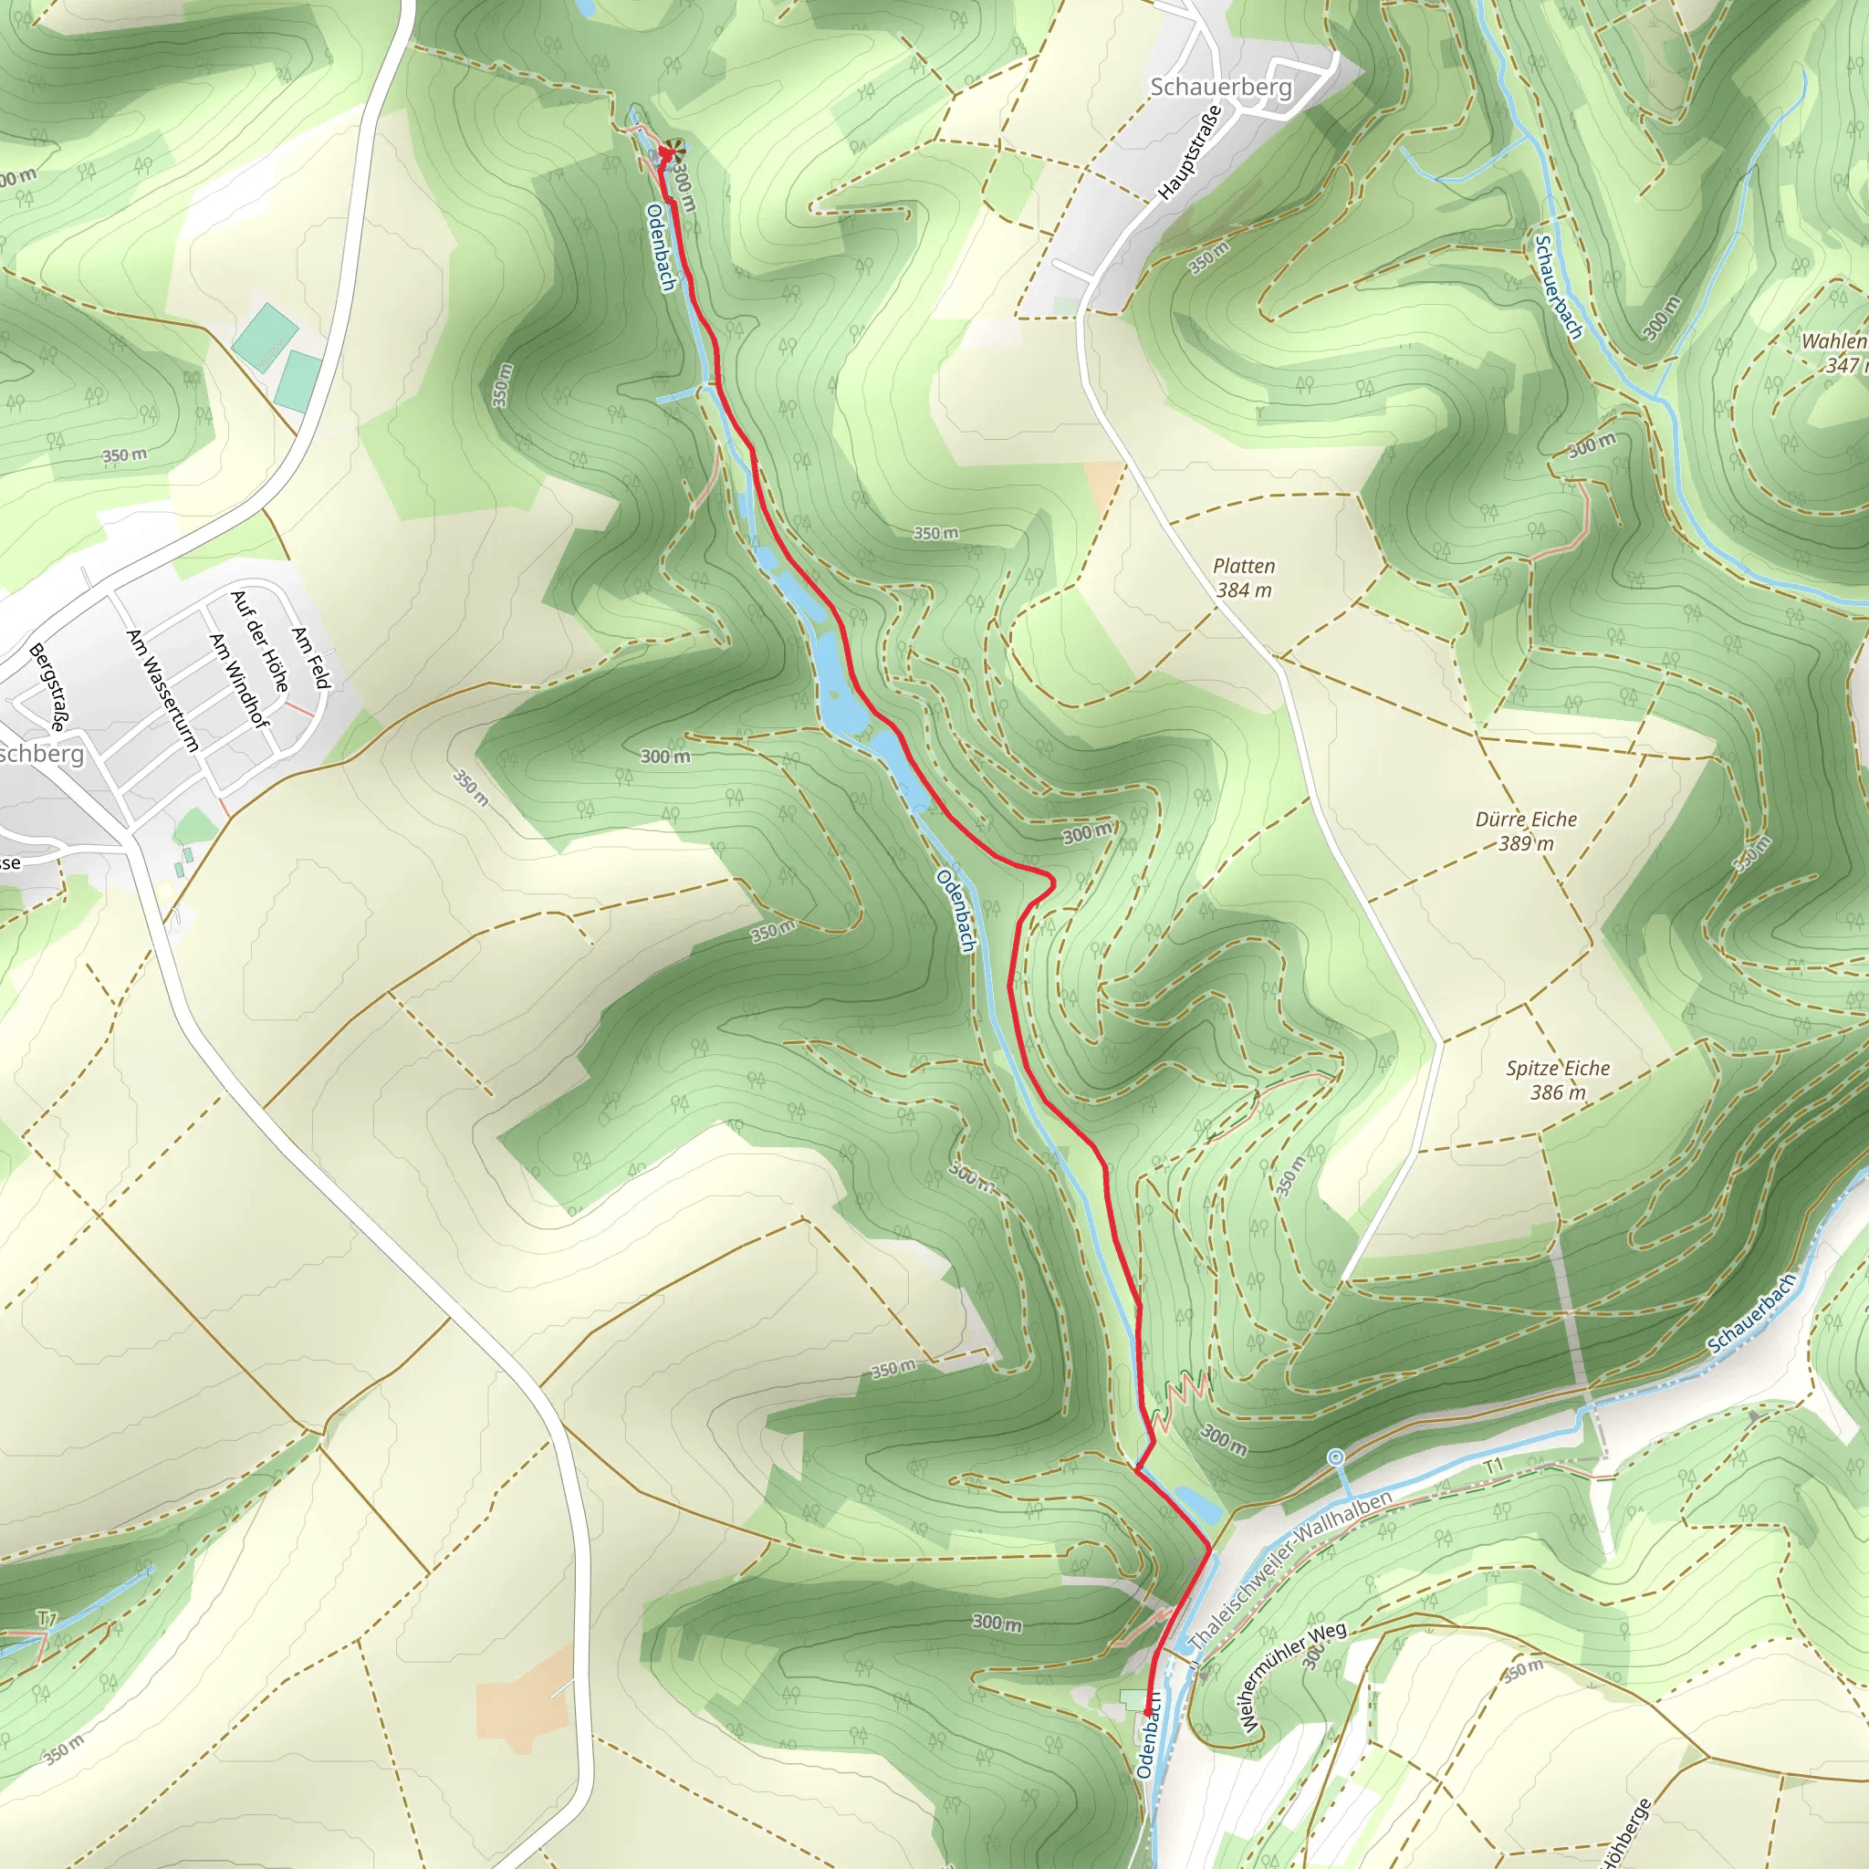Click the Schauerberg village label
(1221, 87)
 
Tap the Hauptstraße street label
(1190, 151)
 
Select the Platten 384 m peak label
(1244, 578)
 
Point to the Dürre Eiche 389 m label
(1527, 831)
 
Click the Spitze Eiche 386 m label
(1558, 1080)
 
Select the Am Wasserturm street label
(162, 690)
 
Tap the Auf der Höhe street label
(260, 641)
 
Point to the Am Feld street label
(311, 658)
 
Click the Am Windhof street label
(238, 679)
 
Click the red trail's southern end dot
(1147, 1712)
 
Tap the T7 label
(47, 1617)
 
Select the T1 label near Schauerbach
(1495, 1466)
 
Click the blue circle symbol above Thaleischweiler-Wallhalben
(1336, 1456)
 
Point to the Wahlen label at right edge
(1833, 340)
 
